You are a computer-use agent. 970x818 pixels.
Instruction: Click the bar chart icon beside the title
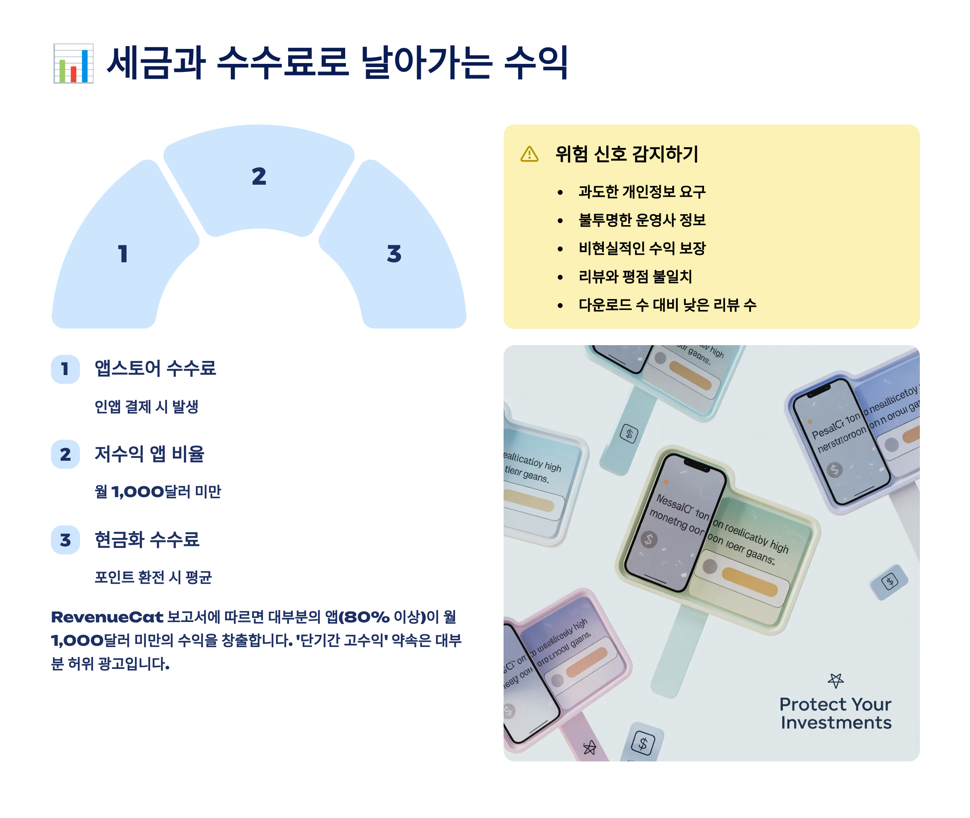tap(73, 63)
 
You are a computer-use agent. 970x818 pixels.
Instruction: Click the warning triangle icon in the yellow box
tap(529, 154)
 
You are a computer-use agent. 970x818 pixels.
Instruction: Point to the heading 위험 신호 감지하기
tap(626, 154)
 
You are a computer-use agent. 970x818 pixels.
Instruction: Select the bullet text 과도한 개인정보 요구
tap(642, 192)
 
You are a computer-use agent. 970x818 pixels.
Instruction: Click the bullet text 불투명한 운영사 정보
tap(642, 220)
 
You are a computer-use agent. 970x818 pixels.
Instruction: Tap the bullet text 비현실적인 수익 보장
tap(642, 248)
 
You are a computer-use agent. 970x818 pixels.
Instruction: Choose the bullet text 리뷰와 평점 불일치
tap(635, 276)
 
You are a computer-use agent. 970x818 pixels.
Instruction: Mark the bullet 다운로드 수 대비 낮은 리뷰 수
tap(667, 305)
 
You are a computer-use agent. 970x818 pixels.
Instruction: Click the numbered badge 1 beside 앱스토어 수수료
tap(65, 369)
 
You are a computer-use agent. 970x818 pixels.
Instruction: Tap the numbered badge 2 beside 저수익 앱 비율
tap(65, 454)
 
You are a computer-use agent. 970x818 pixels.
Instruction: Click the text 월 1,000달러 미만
tap(158, 491)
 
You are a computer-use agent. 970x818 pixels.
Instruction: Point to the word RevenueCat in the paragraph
tap(107, 617)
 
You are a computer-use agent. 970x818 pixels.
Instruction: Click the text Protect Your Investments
tap(835, 713)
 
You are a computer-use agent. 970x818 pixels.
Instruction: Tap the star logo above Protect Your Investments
tap(835, 680)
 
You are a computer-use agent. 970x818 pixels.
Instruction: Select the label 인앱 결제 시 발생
tap(147, 407)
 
